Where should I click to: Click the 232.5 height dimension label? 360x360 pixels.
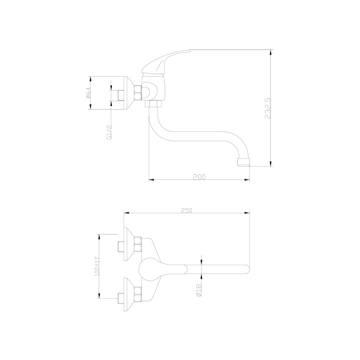(x=268, y=108)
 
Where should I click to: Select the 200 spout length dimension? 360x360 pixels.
(x=199, y=177)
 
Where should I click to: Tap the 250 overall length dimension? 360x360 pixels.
(x=187, y=210)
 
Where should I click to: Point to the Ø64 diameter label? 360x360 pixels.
(x=89, y=93)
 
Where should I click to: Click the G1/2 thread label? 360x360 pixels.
(x=109, y=132)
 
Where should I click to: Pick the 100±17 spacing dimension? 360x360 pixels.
(x=97, y=266)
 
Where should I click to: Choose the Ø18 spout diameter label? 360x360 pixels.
(x=199, y=290)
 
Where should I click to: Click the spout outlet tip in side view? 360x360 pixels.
(x=243, y=162)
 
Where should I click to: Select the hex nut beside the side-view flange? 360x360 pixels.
(x=138, y=93)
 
